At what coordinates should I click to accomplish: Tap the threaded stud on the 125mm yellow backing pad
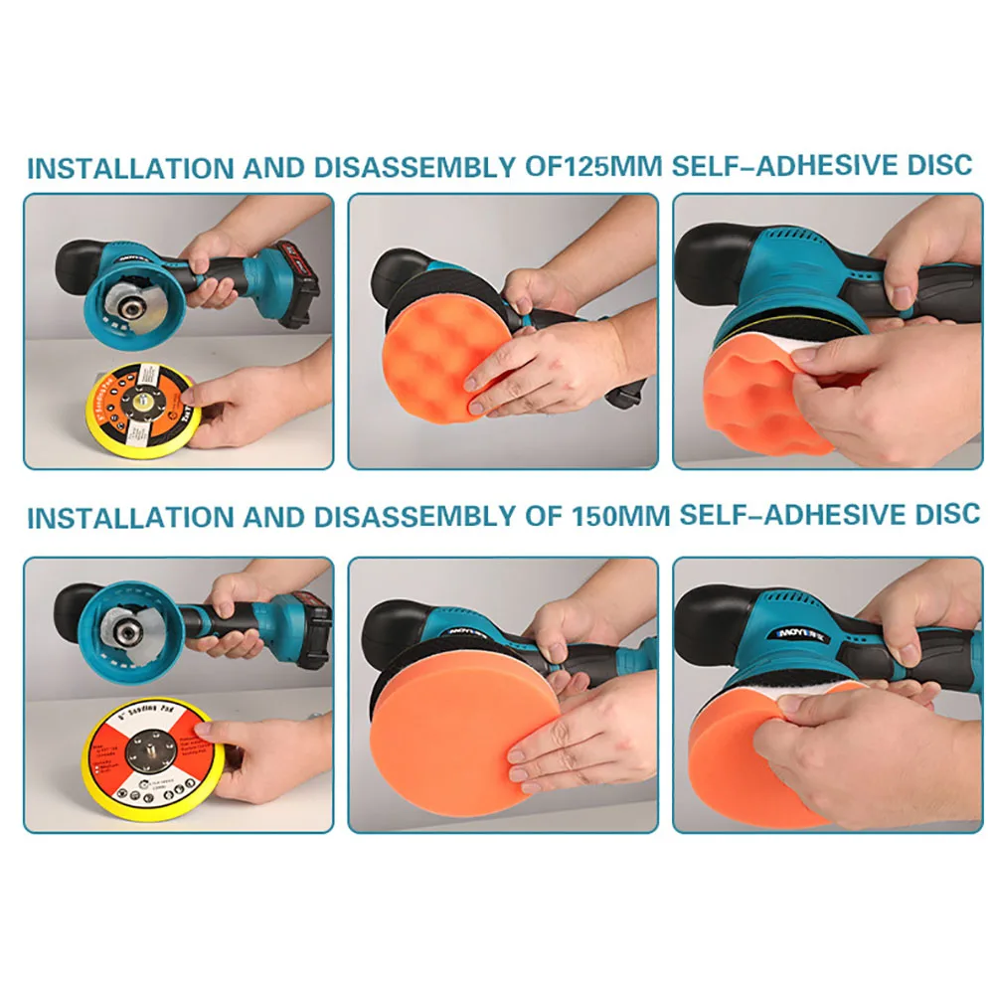click(146, 407)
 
